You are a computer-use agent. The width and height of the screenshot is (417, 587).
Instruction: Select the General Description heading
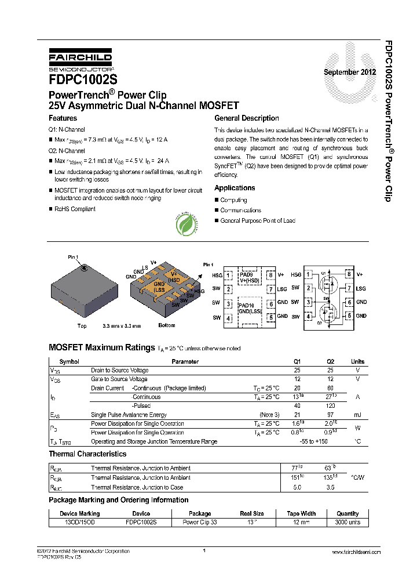pos(246,118)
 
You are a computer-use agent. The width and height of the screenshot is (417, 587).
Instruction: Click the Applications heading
pos(235,188)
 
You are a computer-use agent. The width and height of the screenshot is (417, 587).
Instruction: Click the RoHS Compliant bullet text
pos(75,209)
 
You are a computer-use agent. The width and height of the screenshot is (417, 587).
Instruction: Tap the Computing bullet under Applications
pos(233,200)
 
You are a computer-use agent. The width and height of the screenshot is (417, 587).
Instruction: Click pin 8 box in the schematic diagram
pos(349,274)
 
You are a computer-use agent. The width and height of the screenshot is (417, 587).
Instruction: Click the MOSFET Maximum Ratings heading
pos(101,347)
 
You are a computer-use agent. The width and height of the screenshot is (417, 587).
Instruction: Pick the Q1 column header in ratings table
pos(298,361)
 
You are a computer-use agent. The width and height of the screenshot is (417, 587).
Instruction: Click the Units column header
pos(357,361)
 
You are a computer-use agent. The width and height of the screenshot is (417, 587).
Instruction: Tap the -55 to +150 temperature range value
pos(314,441)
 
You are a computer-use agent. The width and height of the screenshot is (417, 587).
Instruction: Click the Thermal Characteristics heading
pos(87,454)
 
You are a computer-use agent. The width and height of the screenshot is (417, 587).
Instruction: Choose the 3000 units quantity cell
pos(348,522)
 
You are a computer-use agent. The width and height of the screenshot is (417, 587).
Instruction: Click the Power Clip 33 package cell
pos(200,522)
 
